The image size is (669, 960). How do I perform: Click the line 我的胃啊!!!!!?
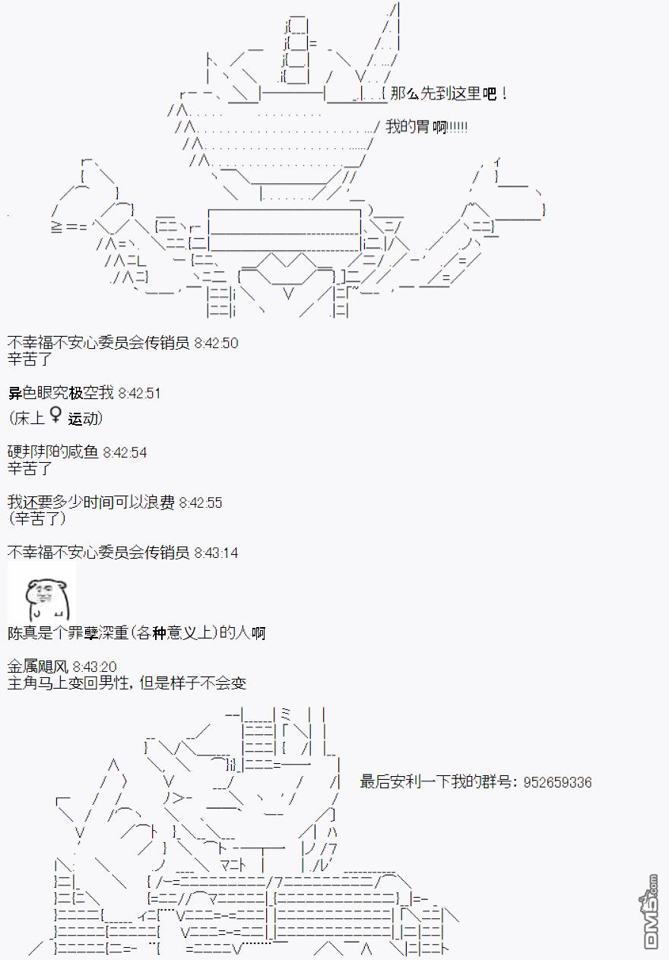point(426,127)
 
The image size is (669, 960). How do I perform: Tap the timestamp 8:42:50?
point(216,343)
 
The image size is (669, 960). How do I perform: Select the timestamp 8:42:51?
point(138,393)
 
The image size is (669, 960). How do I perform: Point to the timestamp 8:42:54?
point(125,452)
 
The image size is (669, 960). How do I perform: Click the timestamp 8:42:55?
point(201,502)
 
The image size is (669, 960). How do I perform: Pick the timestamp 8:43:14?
point(216,553)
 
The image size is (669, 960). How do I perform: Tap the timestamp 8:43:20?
point(94,667)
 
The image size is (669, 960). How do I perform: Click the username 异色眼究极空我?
point(60,393)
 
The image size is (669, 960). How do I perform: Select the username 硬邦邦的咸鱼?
point(53,452)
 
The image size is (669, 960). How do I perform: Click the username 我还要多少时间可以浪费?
point(91,502)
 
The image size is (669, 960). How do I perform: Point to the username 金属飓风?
point(38,667)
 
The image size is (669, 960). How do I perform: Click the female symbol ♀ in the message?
point(55,416)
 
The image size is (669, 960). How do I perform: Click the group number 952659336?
point(557,782)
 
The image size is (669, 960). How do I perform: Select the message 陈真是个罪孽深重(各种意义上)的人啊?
point(137,633)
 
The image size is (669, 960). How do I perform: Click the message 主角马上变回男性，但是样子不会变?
point(127,683)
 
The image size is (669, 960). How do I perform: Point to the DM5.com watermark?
point(651,912)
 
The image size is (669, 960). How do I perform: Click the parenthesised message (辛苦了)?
point(37,519)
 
